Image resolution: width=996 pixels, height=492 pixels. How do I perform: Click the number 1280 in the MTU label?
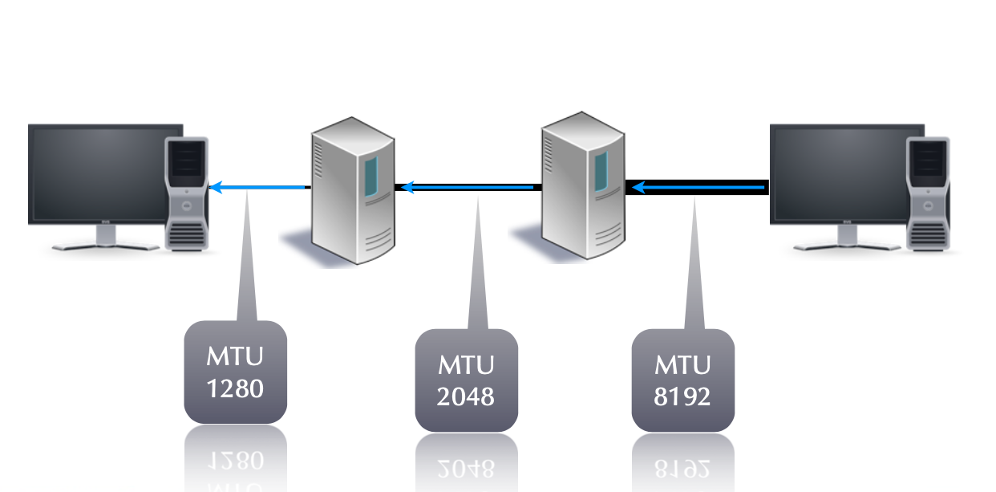click(235, 389)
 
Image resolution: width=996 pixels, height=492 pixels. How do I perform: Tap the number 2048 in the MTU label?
click(466, 396)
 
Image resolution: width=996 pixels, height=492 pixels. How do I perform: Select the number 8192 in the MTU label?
click(682, 396)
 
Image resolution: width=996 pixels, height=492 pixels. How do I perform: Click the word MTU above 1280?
click(235, 356)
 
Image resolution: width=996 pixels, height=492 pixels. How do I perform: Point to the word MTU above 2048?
click(466, 364)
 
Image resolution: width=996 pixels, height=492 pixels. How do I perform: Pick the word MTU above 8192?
click(682, 364)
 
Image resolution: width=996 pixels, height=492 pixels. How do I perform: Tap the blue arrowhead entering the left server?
click(407, 188)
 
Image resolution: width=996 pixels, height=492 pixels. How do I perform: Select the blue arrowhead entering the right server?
click(637, 188)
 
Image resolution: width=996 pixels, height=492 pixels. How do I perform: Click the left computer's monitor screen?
click(105, 173)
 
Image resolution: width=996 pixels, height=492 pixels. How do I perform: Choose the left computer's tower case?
click(187, 193)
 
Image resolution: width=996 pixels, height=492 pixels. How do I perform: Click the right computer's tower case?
click(928, 193)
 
